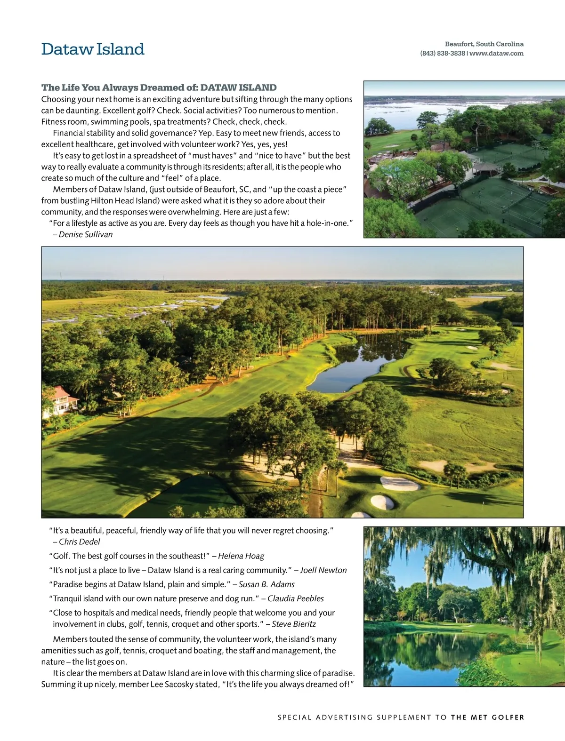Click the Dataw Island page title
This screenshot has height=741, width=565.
[x=93, y=49]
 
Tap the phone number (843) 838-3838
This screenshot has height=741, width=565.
[x=442, y=54]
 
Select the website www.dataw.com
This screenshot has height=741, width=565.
[x=496, y=54]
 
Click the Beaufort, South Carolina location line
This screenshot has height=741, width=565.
[x=484, y=44]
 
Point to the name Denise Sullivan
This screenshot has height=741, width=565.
[x=86, y=234]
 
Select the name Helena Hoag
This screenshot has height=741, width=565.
[x=241, y=556]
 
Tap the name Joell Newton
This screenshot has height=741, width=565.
[x=323, y=570]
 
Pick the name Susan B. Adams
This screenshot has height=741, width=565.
[x=266, y=584]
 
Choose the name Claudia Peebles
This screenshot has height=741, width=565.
[x=296, y=598]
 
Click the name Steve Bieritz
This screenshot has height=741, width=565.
[x=294, y=624]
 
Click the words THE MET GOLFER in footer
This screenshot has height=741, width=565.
[x=487, y=717]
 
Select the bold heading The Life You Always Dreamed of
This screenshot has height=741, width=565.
[x=159, y=88]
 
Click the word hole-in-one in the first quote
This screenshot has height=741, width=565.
[x=327, y=223]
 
